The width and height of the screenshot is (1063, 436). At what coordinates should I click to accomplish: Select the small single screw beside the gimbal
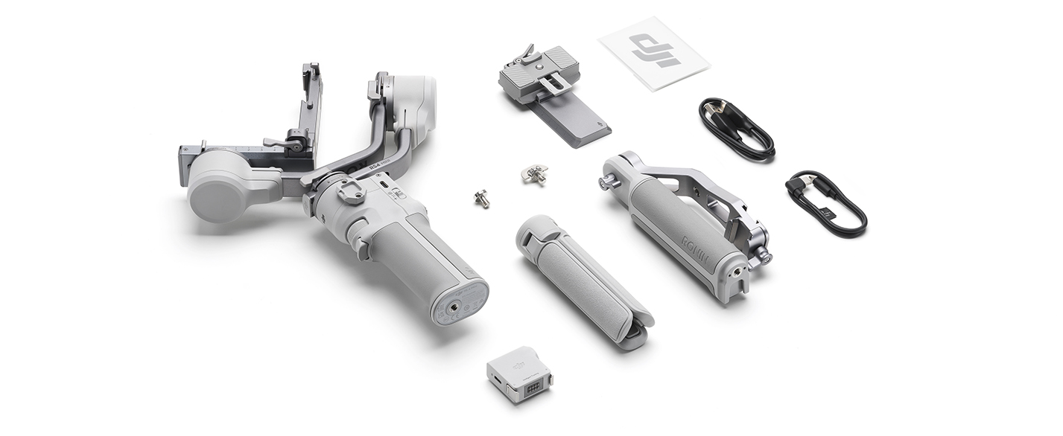click(482, 198)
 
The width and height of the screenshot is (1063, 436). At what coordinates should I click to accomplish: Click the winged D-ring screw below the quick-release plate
click(535, 174)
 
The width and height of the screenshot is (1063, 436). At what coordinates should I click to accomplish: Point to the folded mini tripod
click(583, 279)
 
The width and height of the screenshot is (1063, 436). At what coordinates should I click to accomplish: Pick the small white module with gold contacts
click(520, 374)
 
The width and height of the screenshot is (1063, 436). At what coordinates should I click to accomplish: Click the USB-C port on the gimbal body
click(383, 185)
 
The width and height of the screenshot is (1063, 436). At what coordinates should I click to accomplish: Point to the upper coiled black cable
click(736, 129)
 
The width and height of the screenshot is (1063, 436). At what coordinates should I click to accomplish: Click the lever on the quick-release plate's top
click(527, 54)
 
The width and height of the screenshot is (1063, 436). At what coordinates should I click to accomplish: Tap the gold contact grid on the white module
click(533, 388)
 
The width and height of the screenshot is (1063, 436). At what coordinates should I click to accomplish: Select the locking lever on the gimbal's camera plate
click(287, 141)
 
